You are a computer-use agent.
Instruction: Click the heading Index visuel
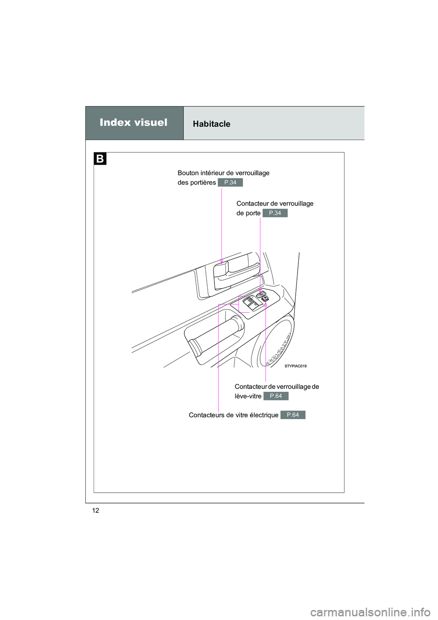pos(133,122)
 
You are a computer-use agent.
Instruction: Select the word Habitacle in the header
pos(211,124)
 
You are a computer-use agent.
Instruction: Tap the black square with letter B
pos(100,159)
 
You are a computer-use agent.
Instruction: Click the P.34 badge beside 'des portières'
pos(230,183)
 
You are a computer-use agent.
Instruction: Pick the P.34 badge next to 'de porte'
pos(275,213)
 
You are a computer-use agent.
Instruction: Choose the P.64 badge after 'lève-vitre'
pos(276,396)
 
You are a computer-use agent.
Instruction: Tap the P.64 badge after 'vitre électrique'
pos(292,415)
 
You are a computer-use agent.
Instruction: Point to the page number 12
pos(95,510)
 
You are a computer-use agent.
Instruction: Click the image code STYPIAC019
pos(296,366)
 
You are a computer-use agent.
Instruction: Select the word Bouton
pos(188,173)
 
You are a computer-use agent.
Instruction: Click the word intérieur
pos(213,173)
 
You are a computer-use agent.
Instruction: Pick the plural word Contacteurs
pos(207,415)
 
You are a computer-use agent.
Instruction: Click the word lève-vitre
pos(248,396)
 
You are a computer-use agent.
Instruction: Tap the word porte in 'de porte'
pos(253,213)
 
